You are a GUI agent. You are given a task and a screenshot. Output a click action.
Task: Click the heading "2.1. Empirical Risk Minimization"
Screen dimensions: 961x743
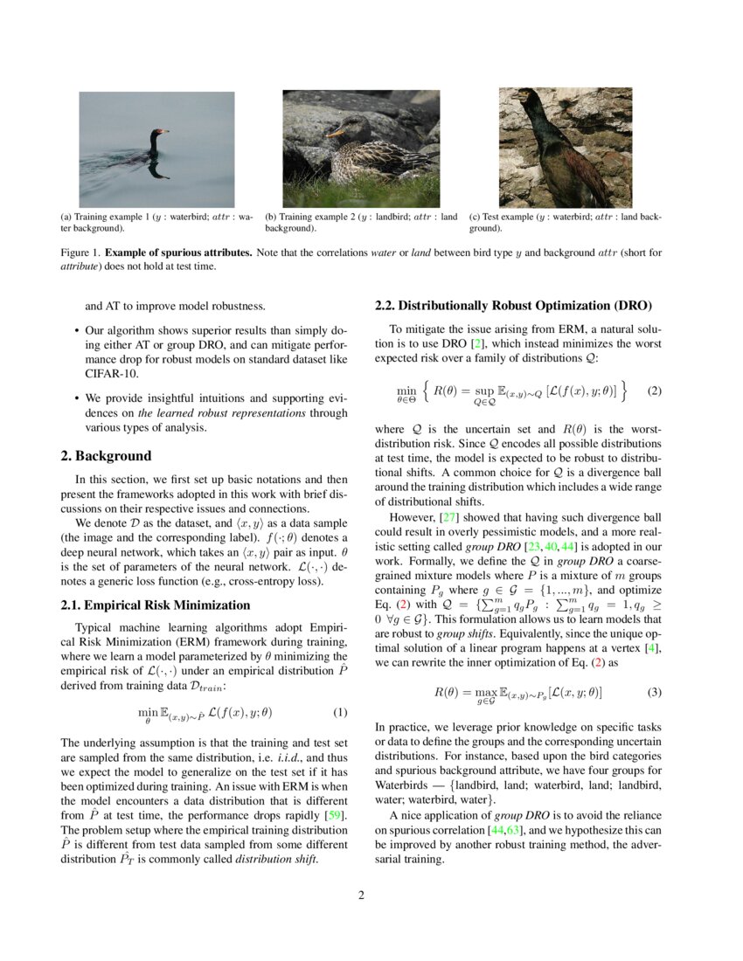(156, 605)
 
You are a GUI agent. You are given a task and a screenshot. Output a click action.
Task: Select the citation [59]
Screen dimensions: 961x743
(335, 816)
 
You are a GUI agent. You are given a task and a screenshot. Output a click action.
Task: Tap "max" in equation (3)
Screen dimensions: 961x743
(485, 691)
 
